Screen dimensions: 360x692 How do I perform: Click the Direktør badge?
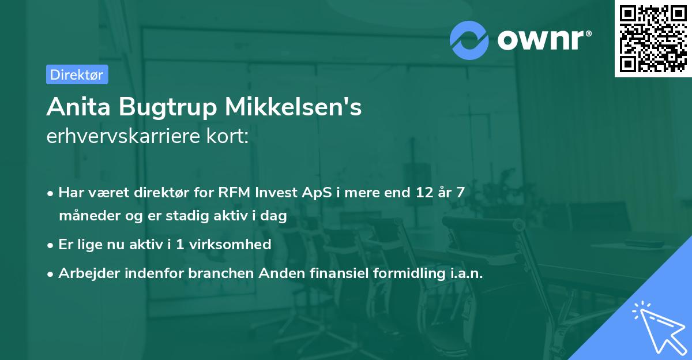[x=77, y=74]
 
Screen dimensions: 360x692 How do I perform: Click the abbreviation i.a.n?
[x=464, y=273]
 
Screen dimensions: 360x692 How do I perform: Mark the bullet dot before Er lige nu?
[x=51, y=245]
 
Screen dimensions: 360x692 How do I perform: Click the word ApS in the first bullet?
[x=318, y=193]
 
